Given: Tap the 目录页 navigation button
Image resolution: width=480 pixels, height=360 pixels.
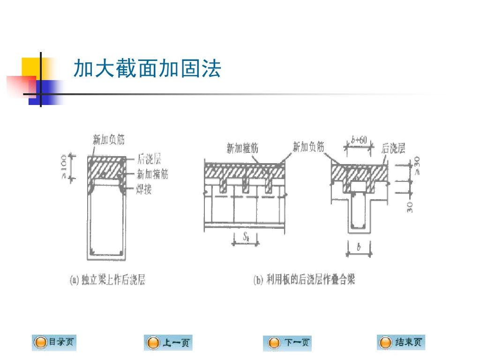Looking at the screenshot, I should click(54, 343).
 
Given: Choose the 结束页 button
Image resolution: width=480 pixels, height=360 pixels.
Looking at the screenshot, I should click(400, 343).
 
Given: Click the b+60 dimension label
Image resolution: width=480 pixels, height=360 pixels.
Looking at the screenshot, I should click(359, 139).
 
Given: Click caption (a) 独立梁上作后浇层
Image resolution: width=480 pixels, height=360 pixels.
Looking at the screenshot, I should click(107, 280).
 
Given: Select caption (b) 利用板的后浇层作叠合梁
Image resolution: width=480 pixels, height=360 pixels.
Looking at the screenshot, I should click(304, 280).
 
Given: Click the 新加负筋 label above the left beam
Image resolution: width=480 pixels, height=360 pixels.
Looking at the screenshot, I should click(109, 139).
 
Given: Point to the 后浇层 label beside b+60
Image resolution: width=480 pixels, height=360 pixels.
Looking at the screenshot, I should click(393, 149).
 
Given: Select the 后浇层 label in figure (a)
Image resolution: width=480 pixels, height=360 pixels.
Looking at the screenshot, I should click(150, 160).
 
